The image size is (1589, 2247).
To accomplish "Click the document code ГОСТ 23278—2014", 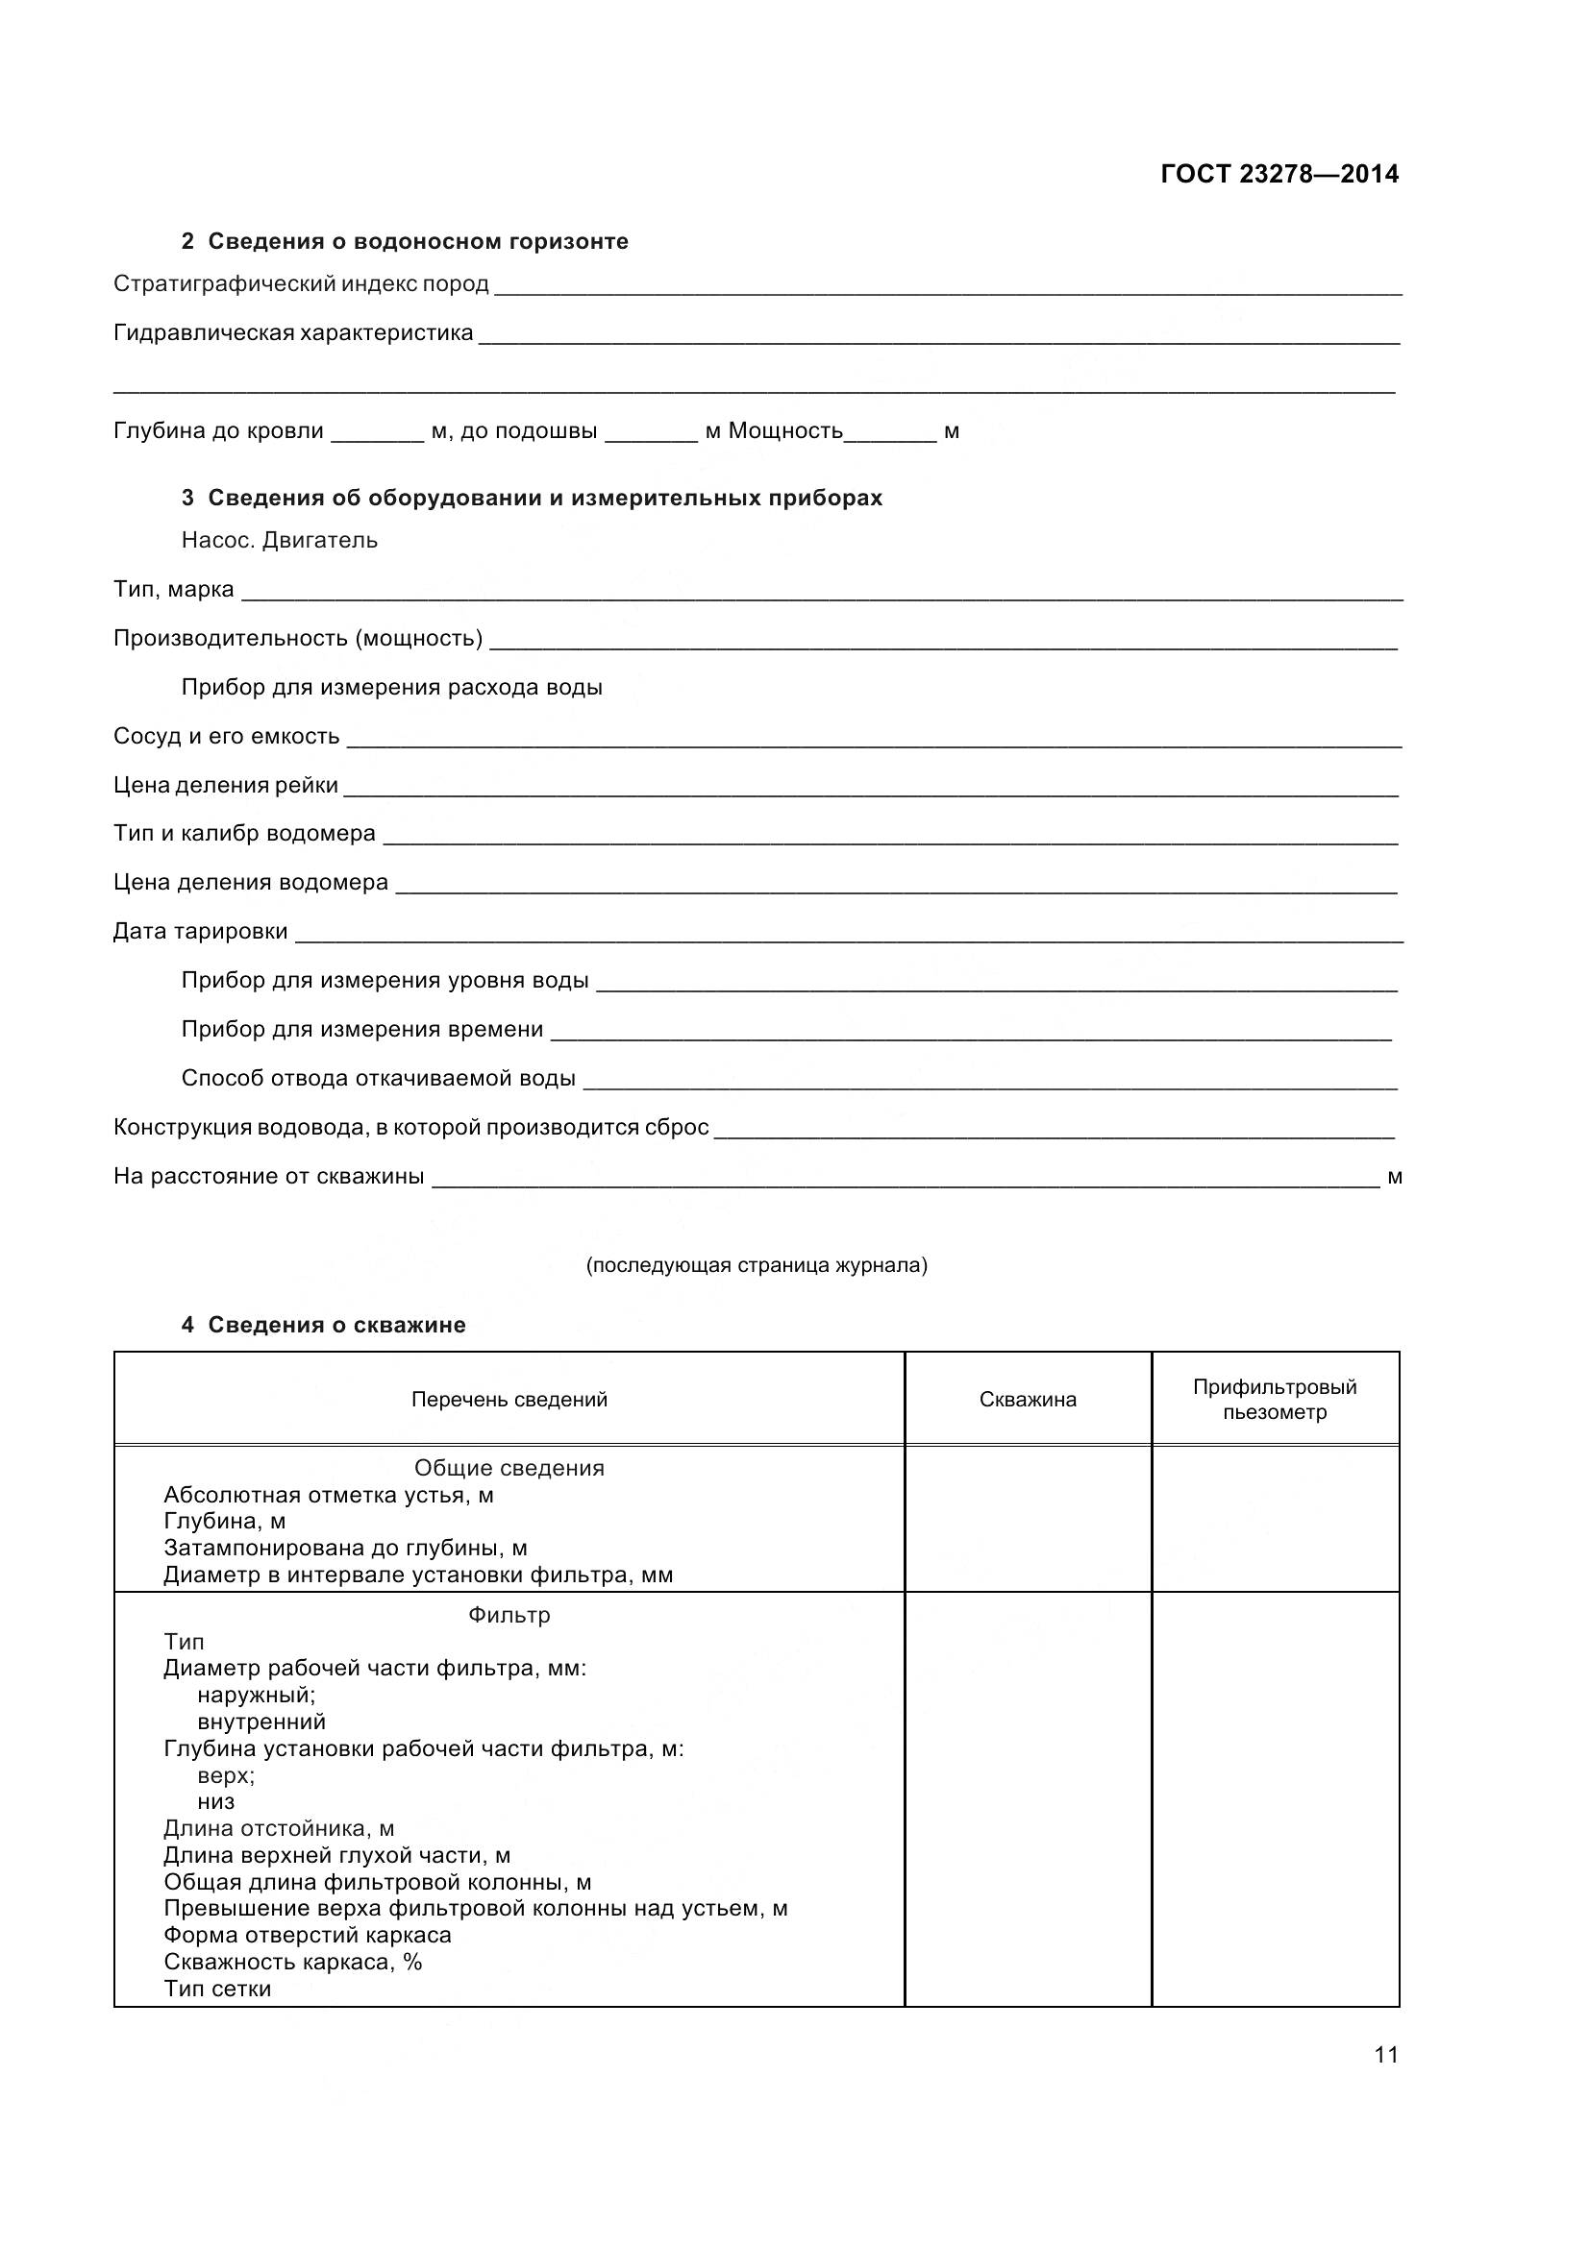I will tap(1279, 174).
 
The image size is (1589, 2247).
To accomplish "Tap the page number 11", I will tap(1385, 2054).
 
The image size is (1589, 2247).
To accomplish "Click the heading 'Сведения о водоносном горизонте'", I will tap(418, 242).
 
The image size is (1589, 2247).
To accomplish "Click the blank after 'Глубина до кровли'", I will tap(377, 438).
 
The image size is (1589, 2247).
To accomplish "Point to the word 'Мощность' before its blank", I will tap(785, 431).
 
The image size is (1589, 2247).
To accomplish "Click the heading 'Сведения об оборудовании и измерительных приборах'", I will tap(544, 499).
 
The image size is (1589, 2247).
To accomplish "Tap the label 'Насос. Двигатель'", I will tap(279, 540).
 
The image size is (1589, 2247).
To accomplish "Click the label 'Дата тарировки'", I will tap(201, 931).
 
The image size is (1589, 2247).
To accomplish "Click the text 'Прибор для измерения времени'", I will tap(362, 1029).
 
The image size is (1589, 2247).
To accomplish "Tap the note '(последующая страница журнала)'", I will tap(757, 1265).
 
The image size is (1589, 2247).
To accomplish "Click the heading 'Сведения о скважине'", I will tap(335, 1325).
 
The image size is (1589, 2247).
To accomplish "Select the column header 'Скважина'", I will tap(1027, 1400).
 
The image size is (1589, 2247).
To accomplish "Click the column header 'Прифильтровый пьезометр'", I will tap(1274, 1400).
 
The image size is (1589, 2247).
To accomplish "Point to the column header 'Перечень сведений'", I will tap(509, 1400).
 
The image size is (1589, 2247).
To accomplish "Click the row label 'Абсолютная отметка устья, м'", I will tap(328, 1496).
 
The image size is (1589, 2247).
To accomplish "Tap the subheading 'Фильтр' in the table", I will tap(509, 1615).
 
